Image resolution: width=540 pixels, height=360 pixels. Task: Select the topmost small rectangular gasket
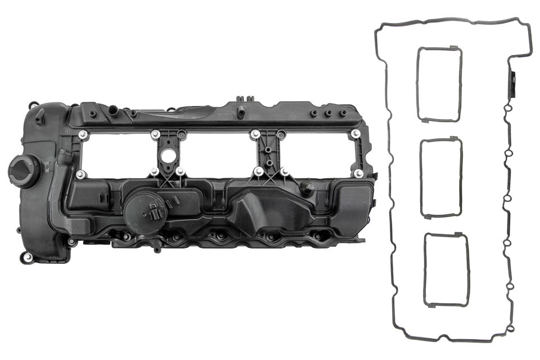pyautogui.click(x=439, y=84)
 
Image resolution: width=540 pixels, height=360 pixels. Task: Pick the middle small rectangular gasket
pyautogui.click(x=442, y=177)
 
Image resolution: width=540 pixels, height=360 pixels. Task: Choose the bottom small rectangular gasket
pyautogui.click(x=447, y=270)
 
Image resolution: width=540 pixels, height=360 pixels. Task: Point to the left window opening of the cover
pyautogui.click(x=118, y=153)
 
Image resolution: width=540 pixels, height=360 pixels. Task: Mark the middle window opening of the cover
pyautogui.click(x=218, y=152)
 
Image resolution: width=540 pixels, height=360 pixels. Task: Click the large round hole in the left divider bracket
pyautogui.click(x=168, y=156)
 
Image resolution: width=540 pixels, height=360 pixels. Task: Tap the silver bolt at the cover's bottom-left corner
pyautogui.click(x=28, y=257)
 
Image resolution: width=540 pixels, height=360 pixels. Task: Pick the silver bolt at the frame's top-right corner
pyautogui.click(x=355, y=134)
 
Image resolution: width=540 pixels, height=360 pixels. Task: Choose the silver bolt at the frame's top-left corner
pyautogui.click(x=83, y=134)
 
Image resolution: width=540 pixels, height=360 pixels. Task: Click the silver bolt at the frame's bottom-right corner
pyautogui.click(x=358, y=174)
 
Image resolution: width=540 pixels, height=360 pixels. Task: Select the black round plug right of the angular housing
pyautogui.click(x=307, y=189)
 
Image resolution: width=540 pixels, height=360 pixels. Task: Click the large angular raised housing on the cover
pyautogui.click(x=264, y=211)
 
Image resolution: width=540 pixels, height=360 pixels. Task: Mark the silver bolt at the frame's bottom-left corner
pyautogui.click(x=80, y=174)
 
